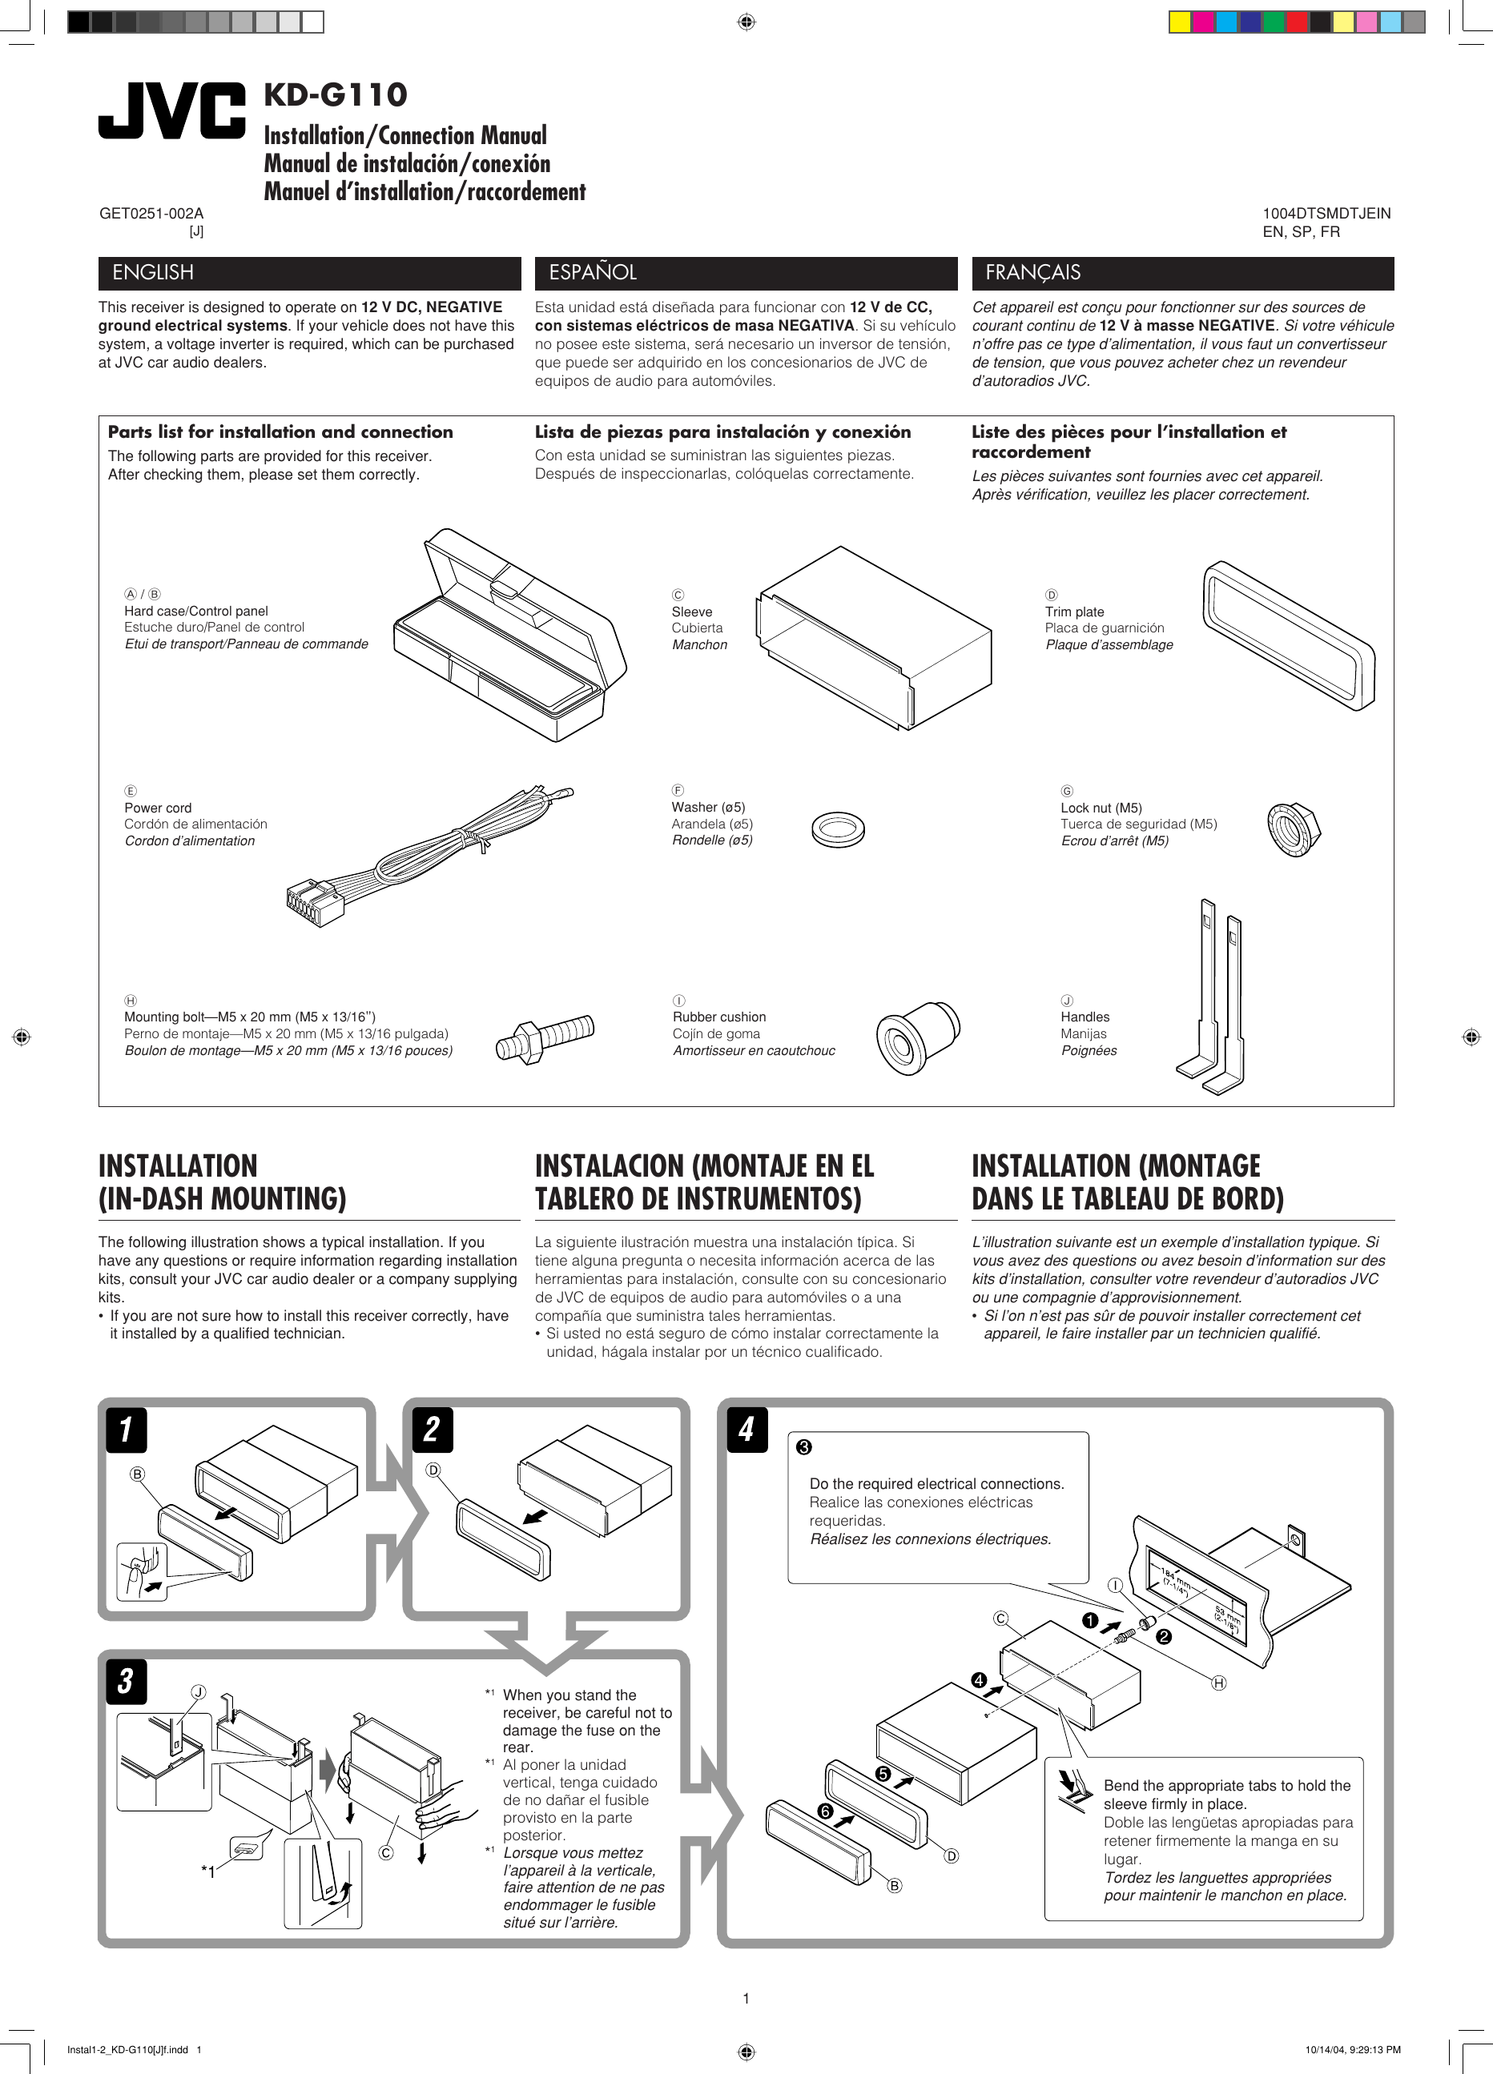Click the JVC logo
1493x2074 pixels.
[172, 110]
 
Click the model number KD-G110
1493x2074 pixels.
[335, 94]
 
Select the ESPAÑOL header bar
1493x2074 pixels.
[738, 272]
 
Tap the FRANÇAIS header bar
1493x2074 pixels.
[1182, 272]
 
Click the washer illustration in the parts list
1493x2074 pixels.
[837, 829]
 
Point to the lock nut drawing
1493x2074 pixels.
[1293, 828]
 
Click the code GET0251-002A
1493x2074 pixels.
[151, 213]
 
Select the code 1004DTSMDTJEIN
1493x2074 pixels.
[1326, 213]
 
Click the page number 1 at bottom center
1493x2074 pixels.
[746, 1999]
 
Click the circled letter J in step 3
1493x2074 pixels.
[199, 1691]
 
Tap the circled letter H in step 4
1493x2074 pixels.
[1217, 1683]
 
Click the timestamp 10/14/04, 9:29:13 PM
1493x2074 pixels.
[1352, 2049]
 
